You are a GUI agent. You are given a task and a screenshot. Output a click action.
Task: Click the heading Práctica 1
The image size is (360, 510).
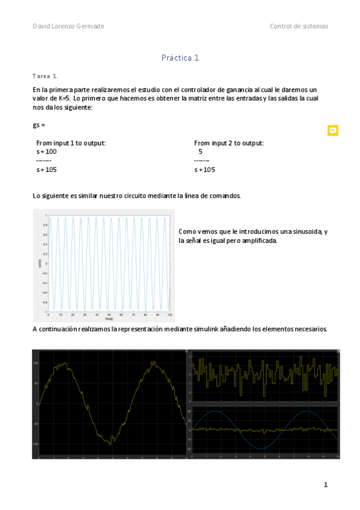(180, 58)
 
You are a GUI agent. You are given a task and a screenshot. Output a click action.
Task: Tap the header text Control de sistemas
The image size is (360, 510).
(299, 26)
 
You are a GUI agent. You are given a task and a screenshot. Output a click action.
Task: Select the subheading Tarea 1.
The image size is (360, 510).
(45, 76)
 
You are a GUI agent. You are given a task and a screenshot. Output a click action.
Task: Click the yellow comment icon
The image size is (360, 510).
(332, 131)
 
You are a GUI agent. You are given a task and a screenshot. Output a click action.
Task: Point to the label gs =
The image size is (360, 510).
(39, 125)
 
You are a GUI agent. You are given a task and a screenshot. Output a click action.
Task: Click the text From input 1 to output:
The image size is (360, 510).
(71, 143)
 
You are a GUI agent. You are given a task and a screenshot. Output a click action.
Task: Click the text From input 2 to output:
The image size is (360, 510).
(229, 143)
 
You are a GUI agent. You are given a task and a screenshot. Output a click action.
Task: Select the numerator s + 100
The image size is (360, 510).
(46, 152)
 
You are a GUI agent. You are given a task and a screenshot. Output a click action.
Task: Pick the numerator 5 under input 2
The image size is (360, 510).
(200, 152)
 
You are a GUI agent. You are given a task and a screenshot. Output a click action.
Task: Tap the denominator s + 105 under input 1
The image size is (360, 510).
(46, 170)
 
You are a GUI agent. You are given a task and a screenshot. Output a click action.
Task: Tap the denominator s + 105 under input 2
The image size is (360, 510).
(204, 170)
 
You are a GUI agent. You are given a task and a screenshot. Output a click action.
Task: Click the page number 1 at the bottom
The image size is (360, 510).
(325, 485)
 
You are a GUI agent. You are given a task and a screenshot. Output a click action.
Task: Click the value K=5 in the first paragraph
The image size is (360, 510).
(62, 97)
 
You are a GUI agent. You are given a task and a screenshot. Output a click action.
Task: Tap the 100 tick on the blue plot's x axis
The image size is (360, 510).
(169, 315)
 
